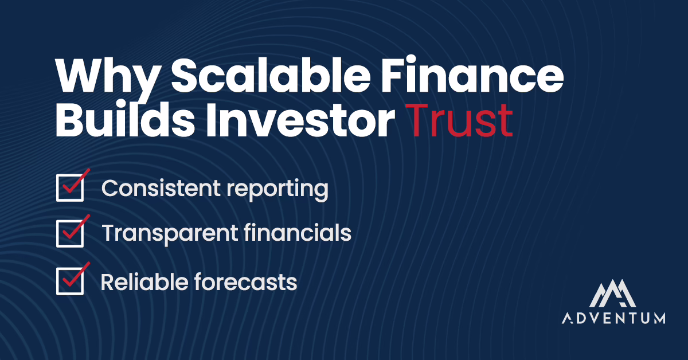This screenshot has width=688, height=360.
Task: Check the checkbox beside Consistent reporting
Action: point(70,189)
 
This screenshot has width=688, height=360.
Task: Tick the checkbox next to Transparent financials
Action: point(70,234)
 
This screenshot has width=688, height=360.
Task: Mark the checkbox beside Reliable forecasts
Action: point(70,281)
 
